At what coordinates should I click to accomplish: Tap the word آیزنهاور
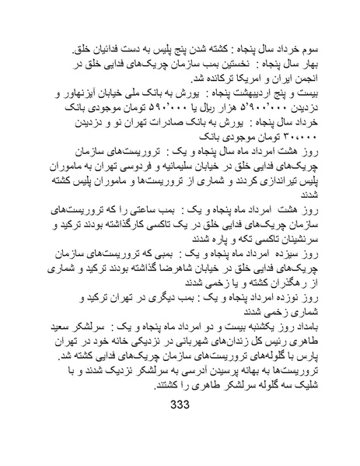pos(93,94)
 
